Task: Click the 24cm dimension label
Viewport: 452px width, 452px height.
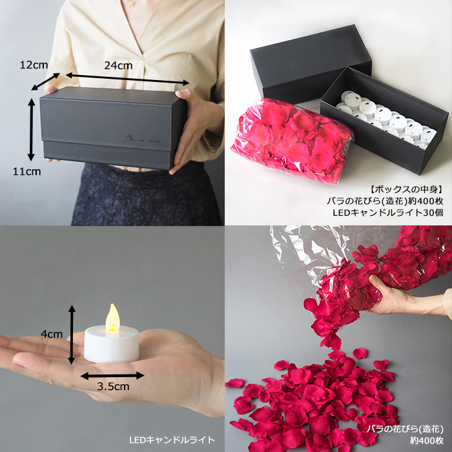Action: tap(118, 65)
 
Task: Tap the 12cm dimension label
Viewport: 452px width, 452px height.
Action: tap(33, 65)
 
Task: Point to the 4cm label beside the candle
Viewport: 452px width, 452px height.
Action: tap(51, 334)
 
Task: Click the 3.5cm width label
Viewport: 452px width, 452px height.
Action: tap(114, 386)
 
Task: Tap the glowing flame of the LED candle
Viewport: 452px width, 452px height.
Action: tap(113, 318)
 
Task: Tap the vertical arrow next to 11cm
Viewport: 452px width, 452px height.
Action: tap(30, 129)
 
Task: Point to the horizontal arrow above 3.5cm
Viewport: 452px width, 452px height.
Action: tap(112, 374)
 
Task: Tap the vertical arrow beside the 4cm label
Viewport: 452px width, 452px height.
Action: tap(72, 334)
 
